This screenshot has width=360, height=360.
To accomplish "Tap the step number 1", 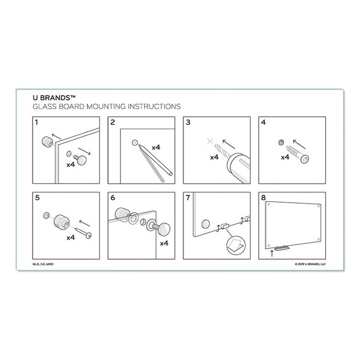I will coord(36,122).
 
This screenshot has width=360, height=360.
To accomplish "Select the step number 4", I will coord(263,123).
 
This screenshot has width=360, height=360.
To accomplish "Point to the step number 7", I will coord(188,198).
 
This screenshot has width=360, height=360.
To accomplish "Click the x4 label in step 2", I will coord(155,147).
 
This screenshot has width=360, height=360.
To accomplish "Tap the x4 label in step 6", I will coord(164,243).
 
